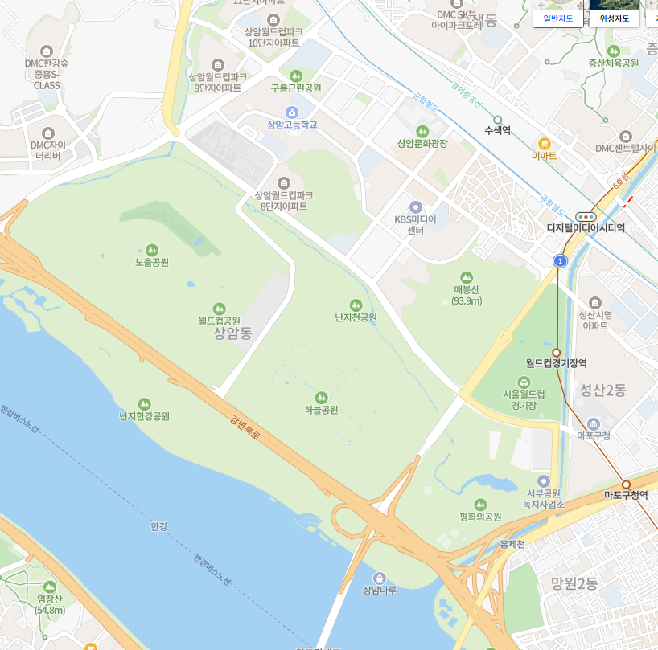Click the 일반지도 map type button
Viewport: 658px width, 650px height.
(x=557, y=18)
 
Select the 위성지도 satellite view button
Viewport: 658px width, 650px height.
(x=615, y=18)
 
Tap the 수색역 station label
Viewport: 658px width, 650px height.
(x=497, y=129)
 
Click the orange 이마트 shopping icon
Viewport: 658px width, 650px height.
(x=545, y=144)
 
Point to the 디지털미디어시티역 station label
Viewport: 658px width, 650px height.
(x=586, y=228)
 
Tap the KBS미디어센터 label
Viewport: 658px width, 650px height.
(x=415, y=224)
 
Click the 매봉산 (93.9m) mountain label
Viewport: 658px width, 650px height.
(x=467, y=295)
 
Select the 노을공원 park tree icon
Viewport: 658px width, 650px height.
(x=152, y=250)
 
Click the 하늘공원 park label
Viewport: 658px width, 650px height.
(x=321, y=410)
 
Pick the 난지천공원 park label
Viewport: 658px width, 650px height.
(x=356, y=317)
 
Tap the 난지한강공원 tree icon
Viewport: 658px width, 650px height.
(x=144, y=403)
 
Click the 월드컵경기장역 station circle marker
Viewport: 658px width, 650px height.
(x=556, y=353)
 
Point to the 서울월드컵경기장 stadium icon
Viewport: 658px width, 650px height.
(x=524, y=382)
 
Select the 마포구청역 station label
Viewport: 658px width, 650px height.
(x=626, y=496)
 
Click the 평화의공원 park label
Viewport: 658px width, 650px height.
(x=479, y=517)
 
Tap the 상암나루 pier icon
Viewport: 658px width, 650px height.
(x=380, y=578)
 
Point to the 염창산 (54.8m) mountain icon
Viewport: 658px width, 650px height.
(x=50, y=587)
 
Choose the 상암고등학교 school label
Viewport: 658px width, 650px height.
(x=292, y=125)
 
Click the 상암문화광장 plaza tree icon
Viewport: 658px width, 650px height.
(x=422, y=131)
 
